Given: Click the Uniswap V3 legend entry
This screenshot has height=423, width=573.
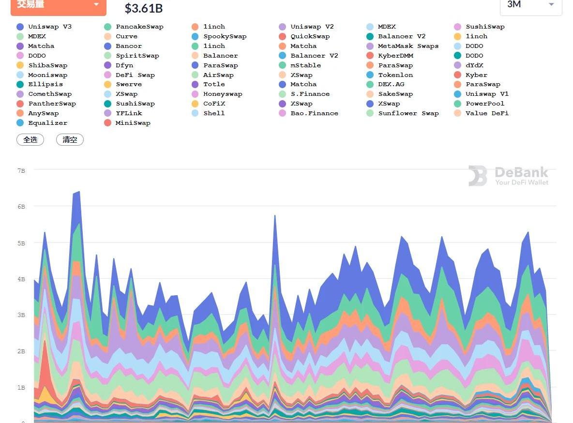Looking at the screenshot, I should click(49, 27).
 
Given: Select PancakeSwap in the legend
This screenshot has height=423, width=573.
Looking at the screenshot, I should click(139, 27).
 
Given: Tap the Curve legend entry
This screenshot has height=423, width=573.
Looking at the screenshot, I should click(126, 36).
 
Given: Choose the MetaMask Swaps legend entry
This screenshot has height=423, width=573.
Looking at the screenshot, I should click(408, 46).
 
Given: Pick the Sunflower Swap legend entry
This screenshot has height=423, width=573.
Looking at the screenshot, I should click(408, 113).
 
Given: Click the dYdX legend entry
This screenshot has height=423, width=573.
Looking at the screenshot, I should click(474, 65).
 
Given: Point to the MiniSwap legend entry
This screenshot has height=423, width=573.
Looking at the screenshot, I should click(133, 123).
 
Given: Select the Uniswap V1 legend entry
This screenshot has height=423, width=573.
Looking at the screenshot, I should click(487, 94).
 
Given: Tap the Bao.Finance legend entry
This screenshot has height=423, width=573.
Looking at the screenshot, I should click(314, 113).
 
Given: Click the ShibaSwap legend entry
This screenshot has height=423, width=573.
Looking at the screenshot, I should click(47, 65).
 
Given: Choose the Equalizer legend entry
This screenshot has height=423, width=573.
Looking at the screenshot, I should click(47, 123).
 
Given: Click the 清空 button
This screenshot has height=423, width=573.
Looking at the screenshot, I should click(70, 140).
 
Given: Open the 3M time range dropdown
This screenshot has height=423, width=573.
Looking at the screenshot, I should click(530, 4).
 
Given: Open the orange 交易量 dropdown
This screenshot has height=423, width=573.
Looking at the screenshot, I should click(58, 4).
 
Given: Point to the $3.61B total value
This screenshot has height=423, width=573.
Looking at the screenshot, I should click(144, 8).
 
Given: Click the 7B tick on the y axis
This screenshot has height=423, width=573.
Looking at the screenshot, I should click(21, 170).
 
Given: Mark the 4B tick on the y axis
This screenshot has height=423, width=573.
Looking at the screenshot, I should click(21, 279).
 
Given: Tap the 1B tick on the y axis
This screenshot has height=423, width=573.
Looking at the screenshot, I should click(21, 388).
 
